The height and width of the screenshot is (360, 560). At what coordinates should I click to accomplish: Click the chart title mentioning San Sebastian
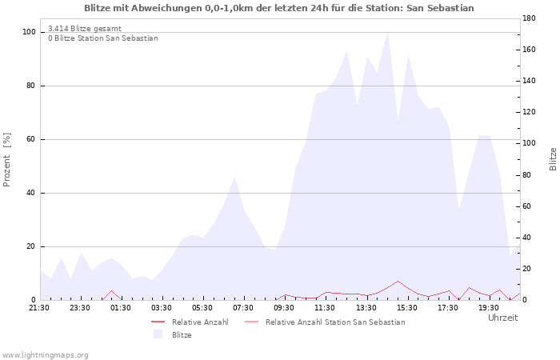[279, 8]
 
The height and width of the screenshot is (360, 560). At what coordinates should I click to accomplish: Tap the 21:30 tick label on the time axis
[39, 308]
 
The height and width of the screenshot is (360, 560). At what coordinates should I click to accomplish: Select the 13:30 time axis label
[366, 308]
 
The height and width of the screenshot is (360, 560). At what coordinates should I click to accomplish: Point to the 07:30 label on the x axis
[243, 308]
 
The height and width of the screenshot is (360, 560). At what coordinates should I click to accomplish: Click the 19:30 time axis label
[489, 308]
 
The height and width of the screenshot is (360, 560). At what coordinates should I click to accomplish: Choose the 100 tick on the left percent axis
[29, 32]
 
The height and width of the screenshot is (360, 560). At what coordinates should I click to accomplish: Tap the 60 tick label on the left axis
[30, 139]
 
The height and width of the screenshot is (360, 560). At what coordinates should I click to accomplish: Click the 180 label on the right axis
[529, 18]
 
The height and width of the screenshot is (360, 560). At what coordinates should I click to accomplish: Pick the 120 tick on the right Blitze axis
[529, 112]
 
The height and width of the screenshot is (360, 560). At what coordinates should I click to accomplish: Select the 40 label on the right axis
[527, 237]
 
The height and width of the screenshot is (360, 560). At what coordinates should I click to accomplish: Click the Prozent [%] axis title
[6, 160]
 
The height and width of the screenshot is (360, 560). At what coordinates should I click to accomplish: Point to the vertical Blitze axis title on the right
[553, 159]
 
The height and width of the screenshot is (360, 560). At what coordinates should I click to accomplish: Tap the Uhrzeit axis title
[503, 318]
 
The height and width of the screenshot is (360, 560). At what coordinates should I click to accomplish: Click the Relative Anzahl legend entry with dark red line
[190, 322]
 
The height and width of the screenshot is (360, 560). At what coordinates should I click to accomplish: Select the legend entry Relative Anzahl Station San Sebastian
[325, 322]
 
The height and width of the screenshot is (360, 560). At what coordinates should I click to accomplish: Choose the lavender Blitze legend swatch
[158, 334]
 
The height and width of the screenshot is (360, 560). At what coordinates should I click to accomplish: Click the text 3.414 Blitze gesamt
[85, 29]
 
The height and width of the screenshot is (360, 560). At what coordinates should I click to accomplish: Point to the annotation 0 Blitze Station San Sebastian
[103, 38]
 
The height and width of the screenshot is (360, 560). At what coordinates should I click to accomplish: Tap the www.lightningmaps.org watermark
[45, 355]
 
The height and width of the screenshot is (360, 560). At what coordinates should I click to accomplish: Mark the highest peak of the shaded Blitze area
[387, 32]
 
